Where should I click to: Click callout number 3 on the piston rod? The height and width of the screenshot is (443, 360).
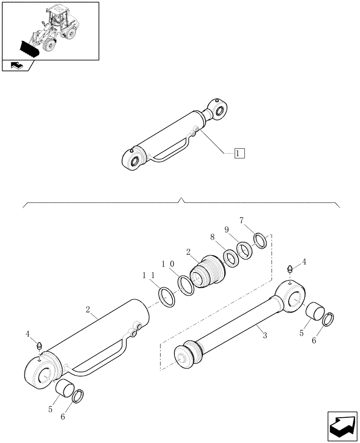tap(264, 336)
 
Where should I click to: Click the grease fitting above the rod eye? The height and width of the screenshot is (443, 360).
tap(290, 269)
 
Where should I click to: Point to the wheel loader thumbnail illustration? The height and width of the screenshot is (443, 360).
tap(50, 30)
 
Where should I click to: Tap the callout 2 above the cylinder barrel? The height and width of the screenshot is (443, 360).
tap(88, 306)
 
